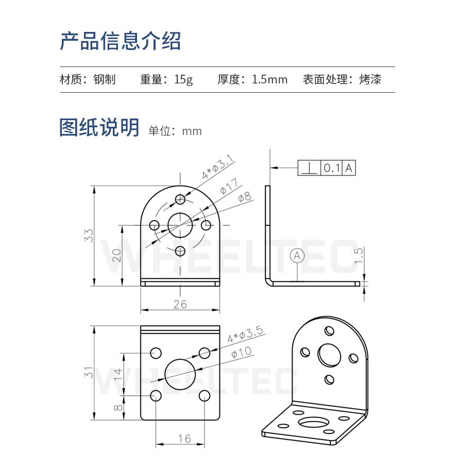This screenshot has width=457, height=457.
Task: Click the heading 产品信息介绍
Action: click(x=120, y=41)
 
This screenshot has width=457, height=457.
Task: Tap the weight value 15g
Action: click(x=183, y=80)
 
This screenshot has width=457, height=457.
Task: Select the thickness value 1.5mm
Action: click(x=269, y=80)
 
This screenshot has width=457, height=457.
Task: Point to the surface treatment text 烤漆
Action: click(x=370, y=80)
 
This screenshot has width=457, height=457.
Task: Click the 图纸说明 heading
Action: click(x=99, y=127)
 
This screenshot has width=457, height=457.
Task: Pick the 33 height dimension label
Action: click(x=89, y=235)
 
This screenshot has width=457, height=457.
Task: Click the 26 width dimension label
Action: click(x=180, y=304)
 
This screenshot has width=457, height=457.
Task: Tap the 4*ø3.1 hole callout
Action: click(x=218, y=168)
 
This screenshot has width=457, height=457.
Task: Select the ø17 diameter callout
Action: click(x=229, y=187)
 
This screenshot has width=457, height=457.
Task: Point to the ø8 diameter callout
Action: click(x=244, y=197)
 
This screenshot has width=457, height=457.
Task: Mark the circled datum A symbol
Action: click(x=297, y=255)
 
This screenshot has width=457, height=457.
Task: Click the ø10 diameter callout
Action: click(x=242, y=352)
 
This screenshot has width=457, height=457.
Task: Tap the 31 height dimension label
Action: click(x=89, y=373)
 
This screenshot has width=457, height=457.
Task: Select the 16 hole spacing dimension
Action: click(x=184, y=438)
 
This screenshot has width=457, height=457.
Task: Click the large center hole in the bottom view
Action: click(x=180, y=374)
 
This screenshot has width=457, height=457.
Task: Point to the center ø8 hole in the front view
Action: click(x=180, y=225)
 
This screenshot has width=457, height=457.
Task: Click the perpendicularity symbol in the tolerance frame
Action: click(x=309, y=168)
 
